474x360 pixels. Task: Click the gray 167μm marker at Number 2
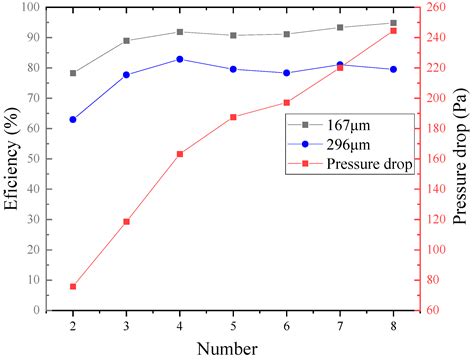point(73,73)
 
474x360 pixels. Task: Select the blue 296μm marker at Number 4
point(180,59)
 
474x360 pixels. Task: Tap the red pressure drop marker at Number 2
point(73,287)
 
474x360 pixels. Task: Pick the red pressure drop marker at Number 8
point(393,31)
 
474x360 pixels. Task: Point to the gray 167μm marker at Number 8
point(393,22)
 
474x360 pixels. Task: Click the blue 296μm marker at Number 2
point(73,119)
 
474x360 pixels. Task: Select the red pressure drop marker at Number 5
point(233,117)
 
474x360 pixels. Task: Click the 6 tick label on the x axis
point(287,326)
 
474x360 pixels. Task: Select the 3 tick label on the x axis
point(126,326)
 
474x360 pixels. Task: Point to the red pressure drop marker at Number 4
point(180,154)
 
